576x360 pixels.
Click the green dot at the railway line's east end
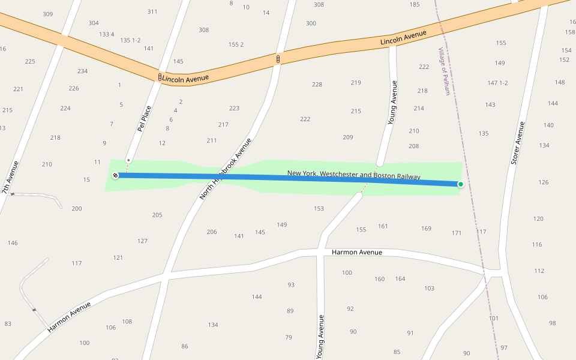[x=460, y=184]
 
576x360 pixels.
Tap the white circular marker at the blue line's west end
[x=115, y=175]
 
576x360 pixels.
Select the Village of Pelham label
[x=444, y=71]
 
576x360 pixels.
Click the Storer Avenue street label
[x=518, y=143]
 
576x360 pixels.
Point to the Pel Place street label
[x=144, y=118]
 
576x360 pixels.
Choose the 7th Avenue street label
[x=10, y=178]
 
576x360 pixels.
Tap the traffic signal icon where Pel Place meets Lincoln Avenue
[x=160, y=77]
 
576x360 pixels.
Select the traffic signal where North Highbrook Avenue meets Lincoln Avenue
[x=278, y=59]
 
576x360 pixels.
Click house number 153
[x=319, y=209]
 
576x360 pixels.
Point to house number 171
[x=457, y=233]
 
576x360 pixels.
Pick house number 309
[x=47, y=14]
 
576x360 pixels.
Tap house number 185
[x=415, y=5]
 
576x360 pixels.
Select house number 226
[x=74, y=89]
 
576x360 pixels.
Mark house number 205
[x=157, y=215]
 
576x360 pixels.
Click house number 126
[x=544, y=182]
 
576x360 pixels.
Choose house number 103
[x=429, y=289]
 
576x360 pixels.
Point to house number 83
[x=8, y=324]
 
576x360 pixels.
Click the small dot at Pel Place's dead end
[x=128, y=160]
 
